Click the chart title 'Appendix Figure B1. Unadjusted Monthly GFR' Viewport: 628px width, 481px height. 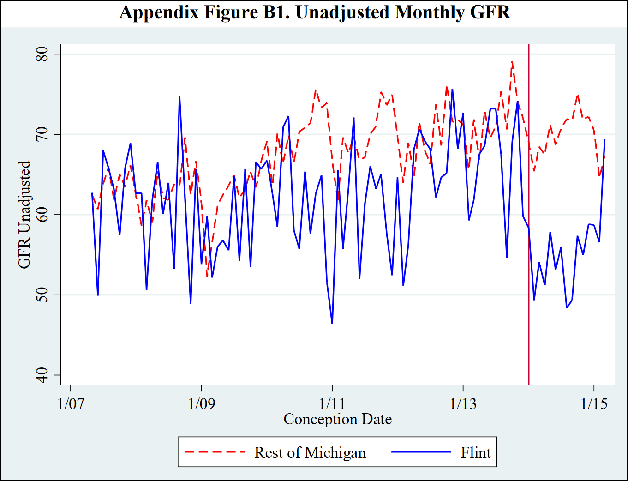point(315,12)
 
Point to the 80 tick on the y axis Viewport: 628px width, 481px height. point(42,54)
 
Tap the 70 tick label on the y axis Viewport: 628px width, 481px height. point(42,134)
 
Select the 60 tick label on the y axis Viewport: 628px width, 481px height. point(42,215)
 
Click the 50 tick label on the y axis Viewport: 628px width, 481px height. point(42,295)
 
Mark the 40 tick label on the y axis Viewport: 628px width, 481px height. point(42,375)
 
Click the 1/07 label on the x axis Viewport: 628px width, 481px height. point(71,403)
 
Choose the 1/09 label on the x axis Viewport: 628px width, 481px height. point(201,403)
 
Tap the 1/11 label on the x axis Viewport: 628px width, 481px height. point(332,403)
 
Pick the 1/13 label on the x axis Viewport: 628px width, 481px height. point(463,403)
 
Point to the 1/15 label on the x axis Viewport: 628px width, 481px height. point(594,403)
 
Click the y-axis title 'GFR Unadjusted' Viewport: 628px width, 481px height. point(24,215)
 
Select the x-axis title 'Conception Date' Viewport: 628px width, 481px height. point(337,419)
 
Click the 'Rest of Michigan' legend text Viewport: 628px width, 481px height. point(310,453)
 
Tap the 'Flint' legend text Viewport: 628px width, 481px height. point(476,453)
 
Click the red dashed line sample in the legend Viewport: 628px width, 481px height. point(215,452)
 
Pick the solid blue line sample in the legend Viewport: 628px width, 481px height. point(421,452)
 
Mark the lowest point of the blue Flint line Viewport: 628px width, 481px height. point(332,323)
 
